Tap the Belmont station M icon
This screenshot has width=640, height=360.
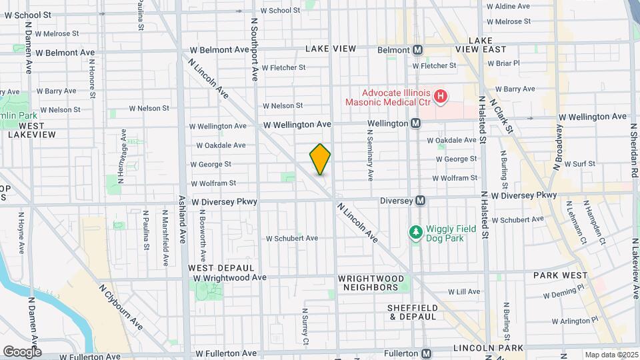(418, 50)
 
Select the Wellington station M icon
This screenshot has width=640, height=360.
(415, 123)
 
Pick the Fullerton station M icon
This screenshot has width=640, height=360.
(426, 353)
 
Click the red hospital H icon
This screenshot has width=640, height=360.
(440, 97)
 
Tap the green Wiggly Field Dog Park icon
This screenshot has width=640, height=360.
(416, 231)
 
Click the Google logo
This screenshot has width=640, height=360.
(21, 352)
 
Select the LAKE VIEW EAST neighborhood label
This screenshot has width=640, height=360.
(480, 45)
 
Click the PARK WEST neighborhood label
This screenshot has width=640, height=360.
(560, 275)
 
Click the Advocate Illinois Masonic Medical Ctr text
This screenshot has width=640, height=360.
(387, 97)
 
